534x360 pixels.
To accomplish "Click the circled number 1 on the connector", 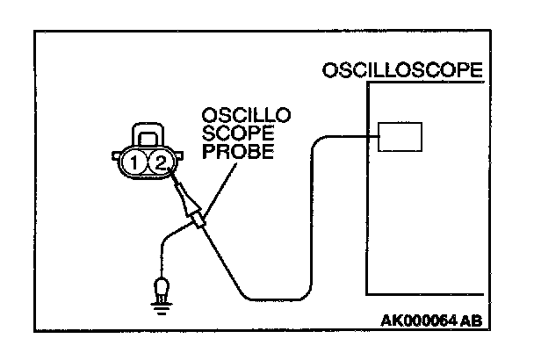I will click(133, 163).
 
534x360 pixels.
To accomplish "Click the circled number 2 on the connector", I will click(159, 163).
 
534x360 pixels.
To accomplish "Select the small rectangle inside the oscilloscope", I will click(400, 137).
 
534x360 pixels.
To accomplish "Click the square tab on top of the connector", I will click(147, 133).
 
